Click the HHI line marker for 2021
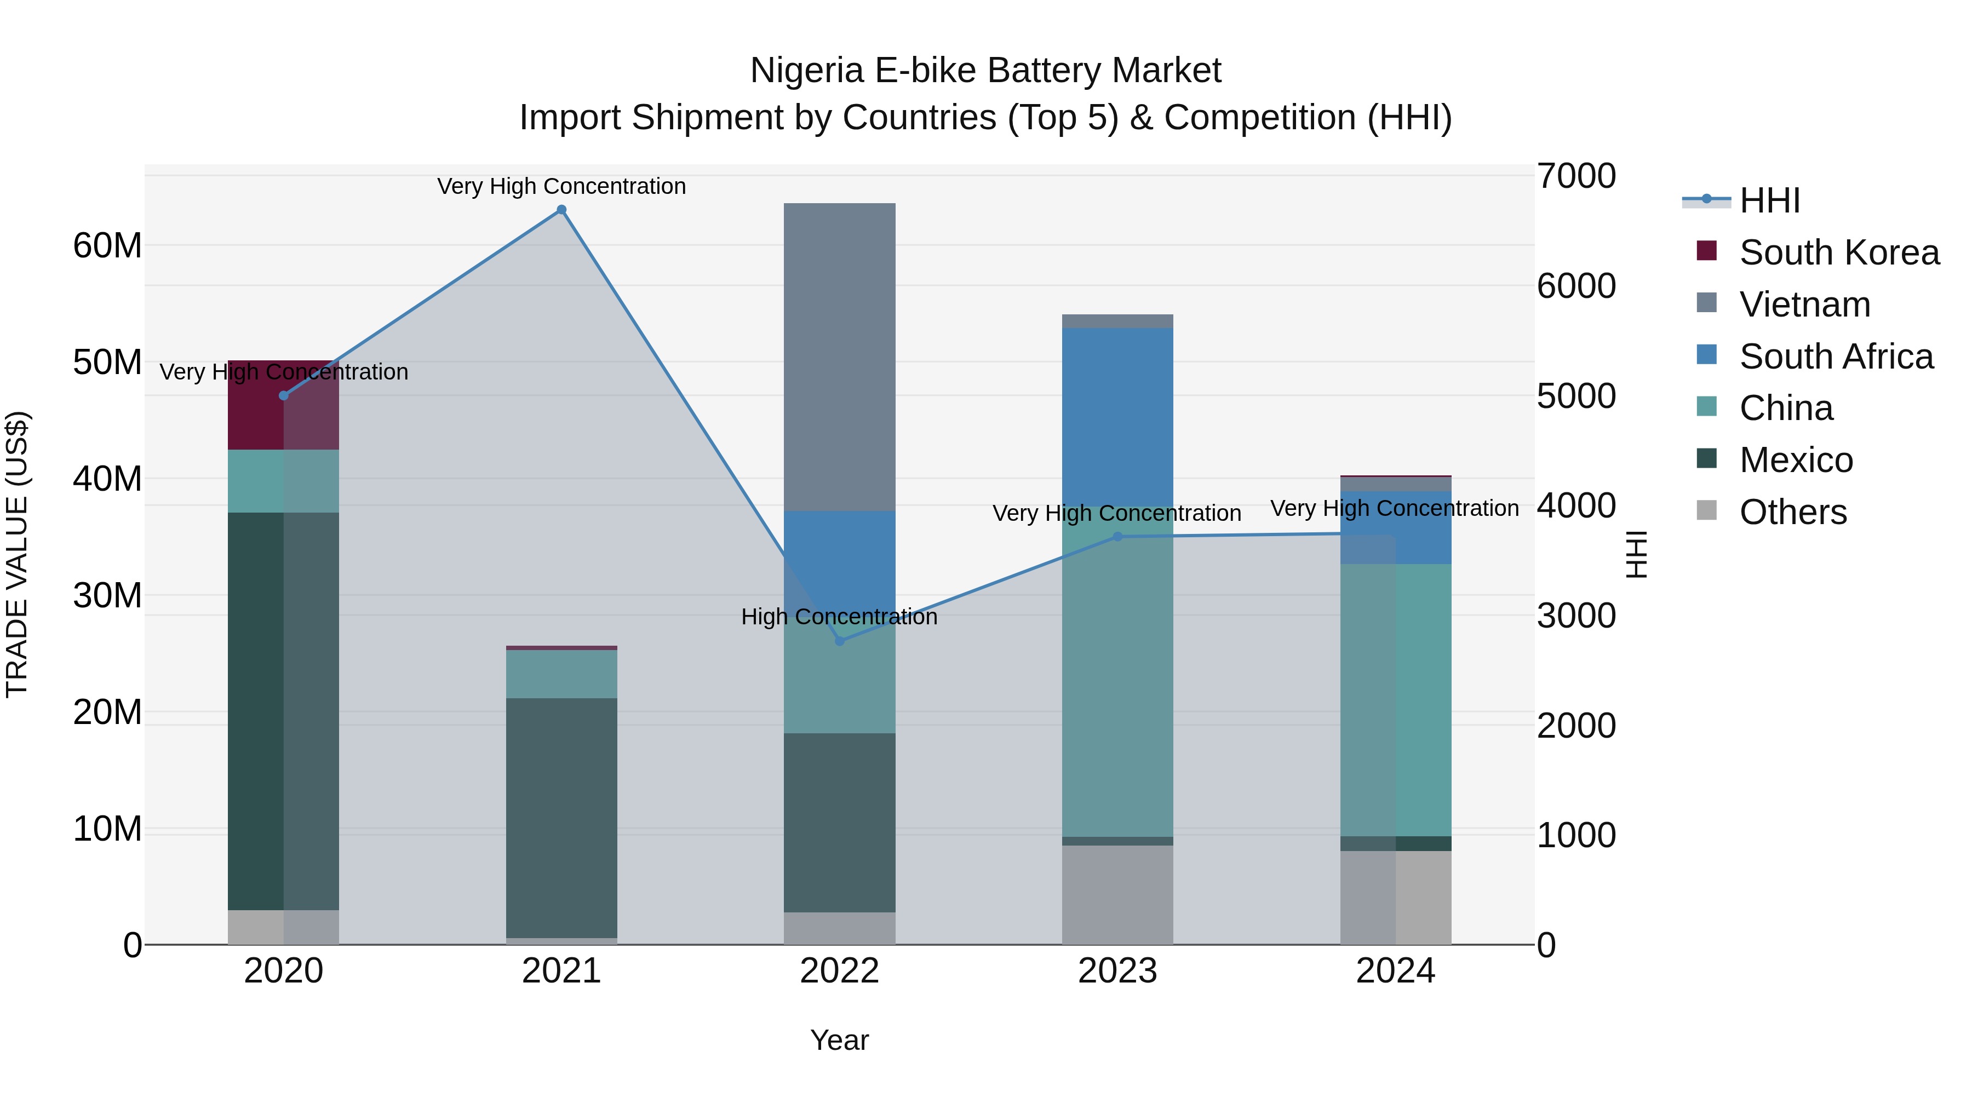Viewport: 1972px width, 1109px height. (561, 210)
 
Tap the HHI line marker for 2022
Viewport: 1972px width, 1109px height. (839, 641)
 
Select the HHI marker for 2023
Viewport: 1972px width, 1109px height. (1117, 537)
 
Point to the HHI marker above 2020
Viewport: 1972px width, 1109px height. (283, 396)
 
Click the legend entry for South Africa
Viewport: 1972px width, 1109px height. (1835, 357)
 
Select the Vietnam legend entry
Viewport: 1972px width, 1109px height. (1804, 304)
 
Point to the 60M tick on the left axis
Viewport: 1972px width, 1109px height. (107, 246)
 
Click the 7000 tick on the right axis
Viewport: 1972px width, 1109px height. (1575, 176)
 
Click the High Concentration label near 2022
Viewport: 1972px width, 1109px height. (839, 617)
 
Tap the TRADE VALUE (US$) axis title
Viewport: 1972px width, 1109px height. (17, 554)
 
